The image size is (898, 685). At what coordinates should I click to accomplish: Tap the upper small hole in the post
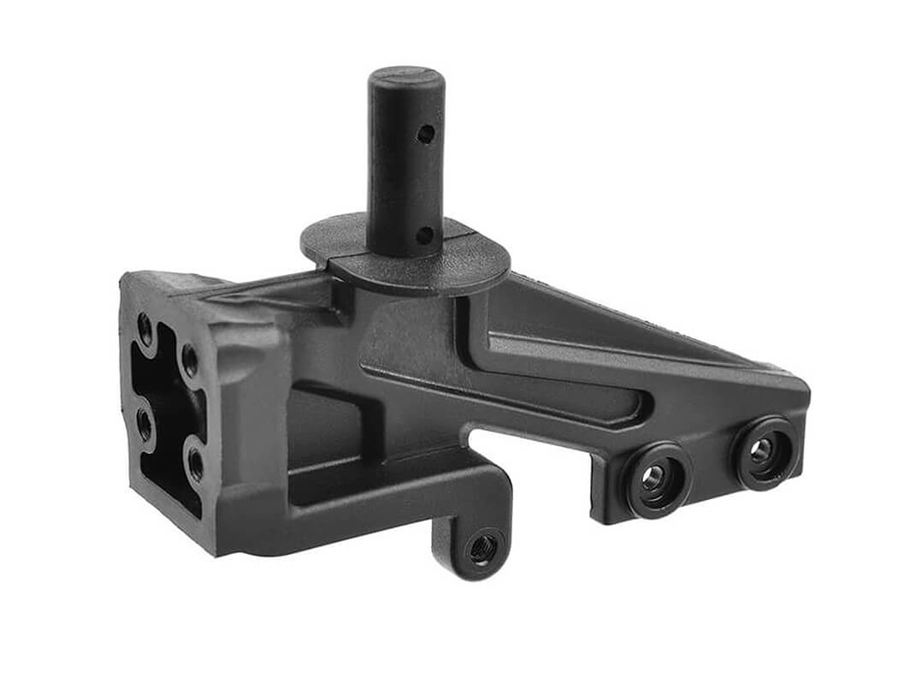click(x=424, y=134)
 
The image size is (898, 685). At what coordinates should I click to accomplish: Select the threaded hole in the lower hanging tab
click(x=482, y=549)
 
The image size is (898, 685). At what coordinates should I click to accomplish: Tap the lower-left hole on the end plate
click(x=145, y=425)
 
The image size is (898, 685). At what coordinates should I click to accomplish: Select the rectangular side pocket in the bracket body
click(x=325, y=428)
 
